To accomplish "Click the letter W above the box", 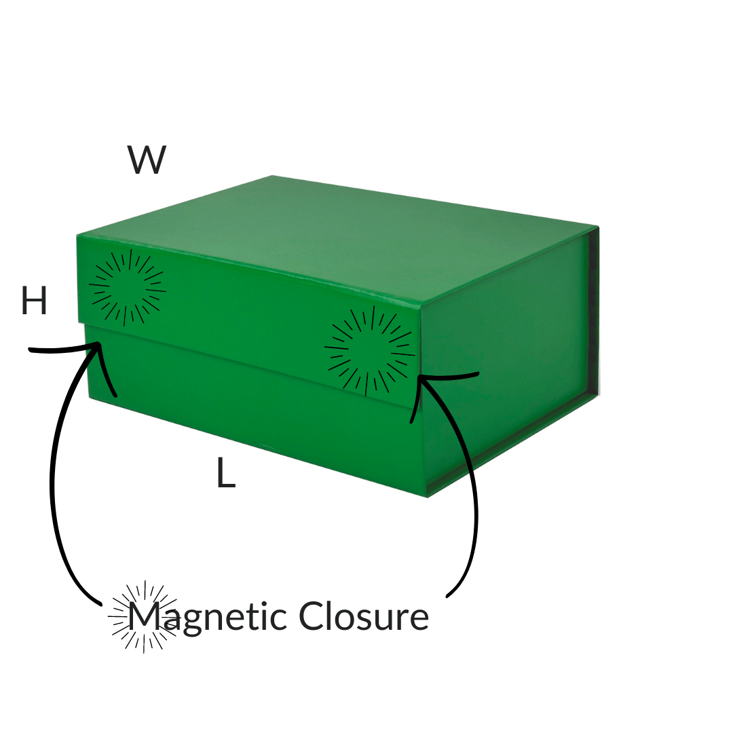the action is click(x=147, y=160).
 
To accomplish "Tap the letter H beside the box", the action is click(x=34, y=301).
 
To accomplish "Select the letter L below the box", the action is click(x=226, y=473).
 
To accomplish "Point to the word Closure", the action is click(x=364, y=616).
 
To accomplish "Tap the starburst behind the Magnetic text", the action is click(x=143, y=616).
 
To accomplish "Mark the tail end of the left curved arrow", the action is click(x=100, y=605).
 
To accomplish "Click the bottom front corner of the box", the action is click(x=428, y=497).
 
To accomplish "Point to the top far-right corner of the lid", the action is click(x=598, y=227).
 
